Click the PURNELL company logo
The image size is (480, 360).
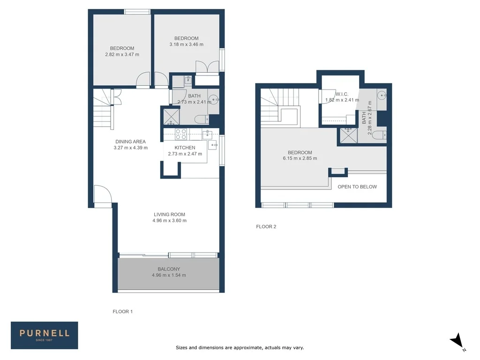45,335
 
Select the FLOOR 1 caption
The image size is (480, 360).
123,311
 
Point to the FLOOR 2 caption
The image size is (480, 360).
266,227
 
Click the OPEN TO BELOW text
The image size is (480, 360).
357,187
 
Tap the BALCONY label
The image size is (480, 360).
169,269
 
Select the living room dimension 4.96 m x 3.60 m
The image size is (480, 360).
169,220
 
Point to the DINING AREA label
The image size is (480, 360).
130,142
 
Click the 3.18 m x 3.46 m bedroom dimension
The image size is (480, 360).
186,45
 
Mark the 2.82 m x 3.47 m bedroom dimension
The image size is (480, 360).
122,54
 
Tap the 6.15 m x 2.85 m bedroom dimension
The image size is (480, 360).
300,158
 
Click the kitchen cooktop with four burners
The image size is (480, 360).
181,134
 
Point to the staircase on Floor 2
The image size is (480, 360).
280,107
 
